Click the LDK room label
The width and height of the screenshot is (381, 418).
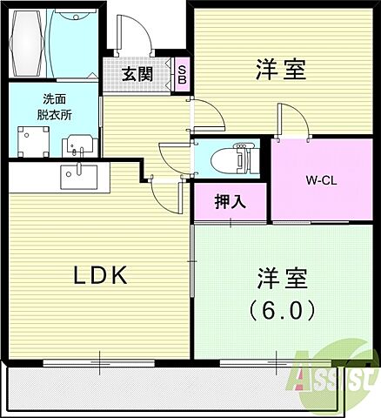(99, 276)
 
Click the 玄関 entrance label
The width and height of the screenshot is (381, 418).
(137, 73)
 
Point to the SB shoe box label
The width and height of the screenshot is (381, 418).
(183, 72)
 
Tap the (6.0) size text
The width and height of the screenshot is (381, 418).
(281, 308)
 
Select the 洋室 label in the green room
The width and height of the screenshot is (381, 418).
(281, 280)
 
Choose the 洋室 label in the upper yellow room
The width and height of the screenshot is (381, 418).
(281, 70)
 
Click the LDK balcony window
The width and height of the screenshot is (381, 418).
(100, 359)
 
